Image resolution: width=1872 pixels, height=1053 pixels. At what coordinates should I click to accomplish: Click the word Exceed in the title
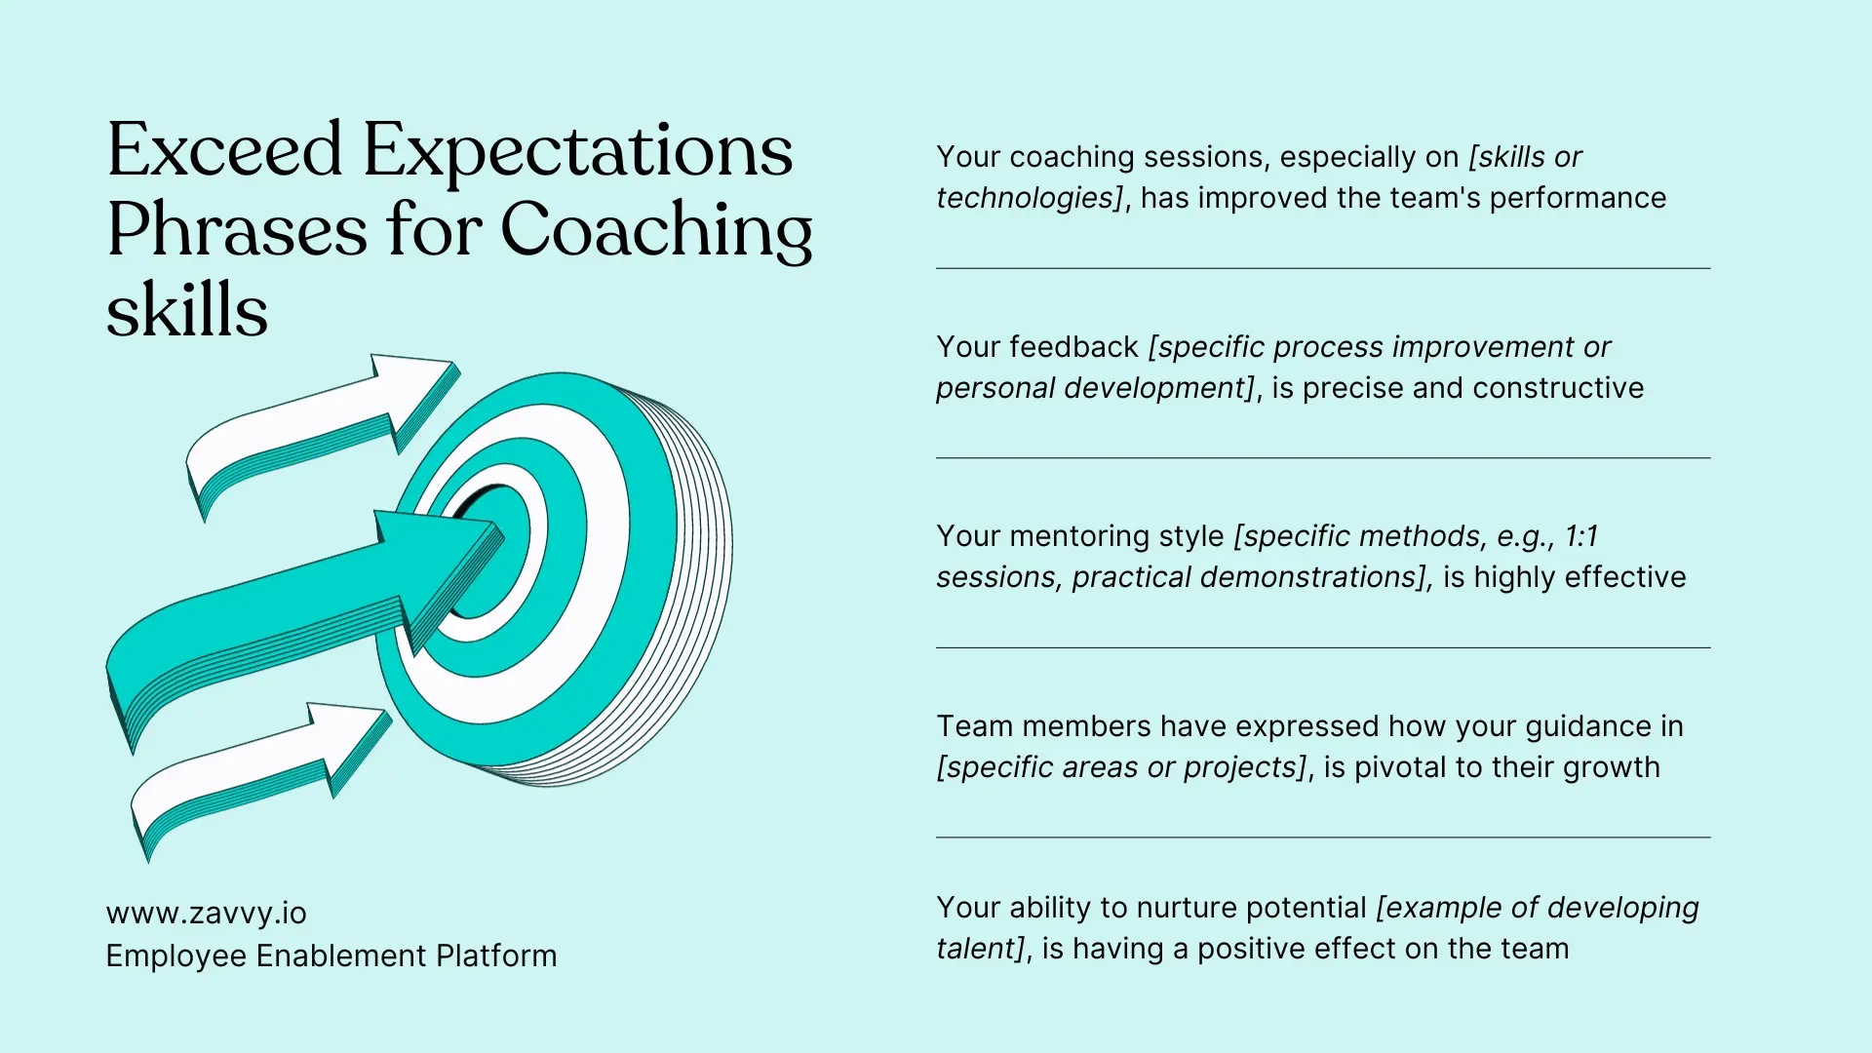point(224,151)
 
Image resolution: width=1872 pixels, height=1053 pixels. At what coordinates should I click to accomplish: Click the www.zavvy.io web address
point(206,914)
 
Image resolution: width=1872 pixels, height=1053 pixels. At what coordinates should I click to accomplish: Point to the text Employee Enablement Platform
point(331,956)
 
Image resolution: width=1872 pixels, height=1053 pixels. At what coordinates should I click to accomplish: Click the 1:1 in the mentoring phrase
point(1580,536)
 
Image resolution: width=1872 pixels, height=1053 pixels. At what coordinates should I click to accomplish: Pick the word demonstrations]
point(1315,577)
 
